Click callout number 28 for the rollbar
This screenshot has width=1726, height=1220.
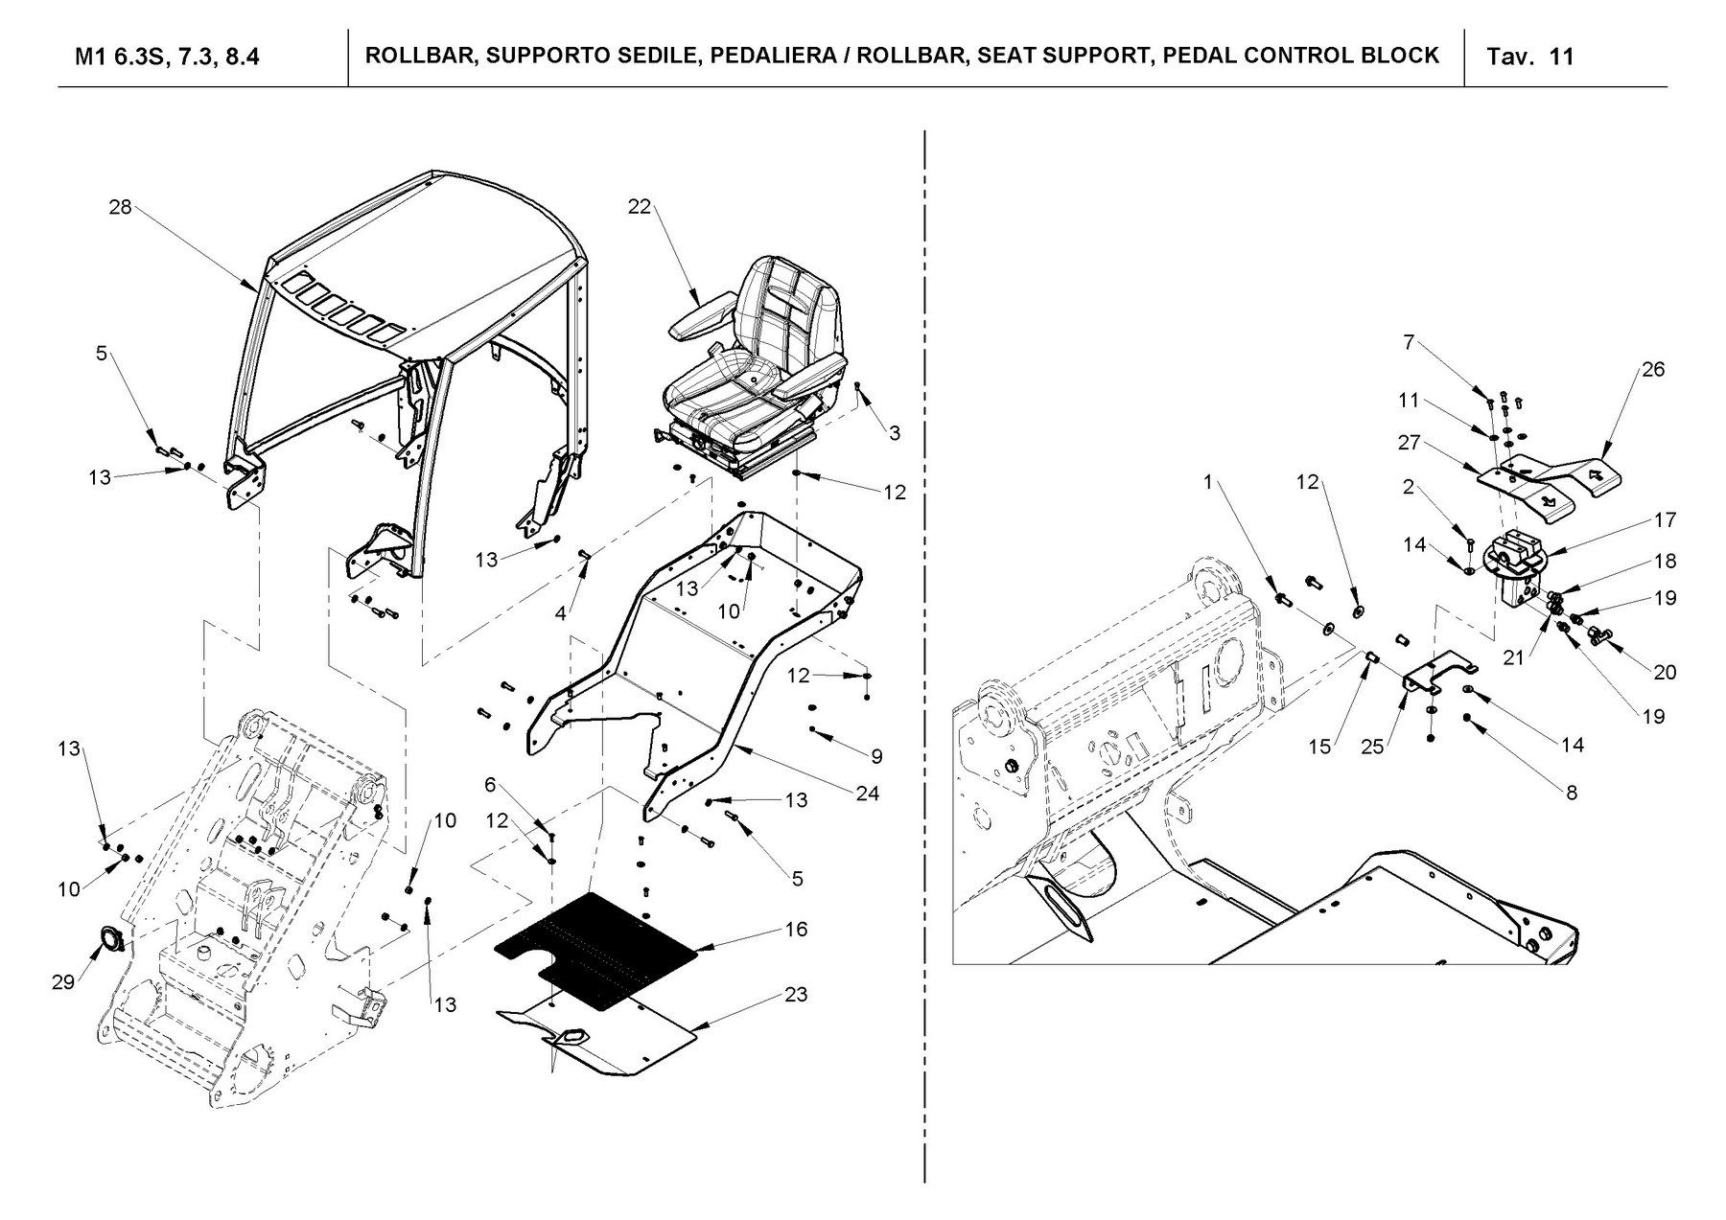click(x=120, y=207)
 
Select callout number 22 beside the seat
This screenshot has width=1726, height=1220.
click(x=640, y=207)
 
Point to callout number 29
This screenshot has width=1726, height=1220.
click(x=63, y=983)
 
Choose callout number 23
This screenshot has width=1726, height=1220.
click(x=796, y=995)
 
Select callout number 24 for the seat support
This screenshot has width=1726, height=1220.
click(x=868, y=794)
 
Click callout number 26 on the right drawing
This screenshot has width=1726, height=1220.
click(x=1653, y=370)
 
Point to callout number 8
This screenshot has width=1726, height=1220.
click(x=1571, y=793)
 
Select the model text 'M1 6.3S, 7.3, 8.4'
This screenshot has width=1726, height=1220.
click(x=168, y=57)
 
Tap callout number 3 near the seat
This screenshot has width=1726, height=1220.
click(x=894, y=433)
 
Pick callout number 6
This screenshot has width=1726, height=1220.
click(x=490, y=786)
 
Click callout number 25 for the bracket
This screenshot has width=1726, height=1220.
click(x=1372, y=747)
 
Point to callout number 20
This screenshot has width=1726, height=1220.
click(x=1665, y=673)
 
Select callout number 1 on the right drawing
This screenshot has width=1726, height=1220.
click(x=1209, y=483)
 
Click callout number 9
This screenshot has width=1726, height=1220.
click(x=876, y=757)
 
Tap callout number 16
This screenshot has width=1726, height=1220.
click(x=796, y=930)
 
